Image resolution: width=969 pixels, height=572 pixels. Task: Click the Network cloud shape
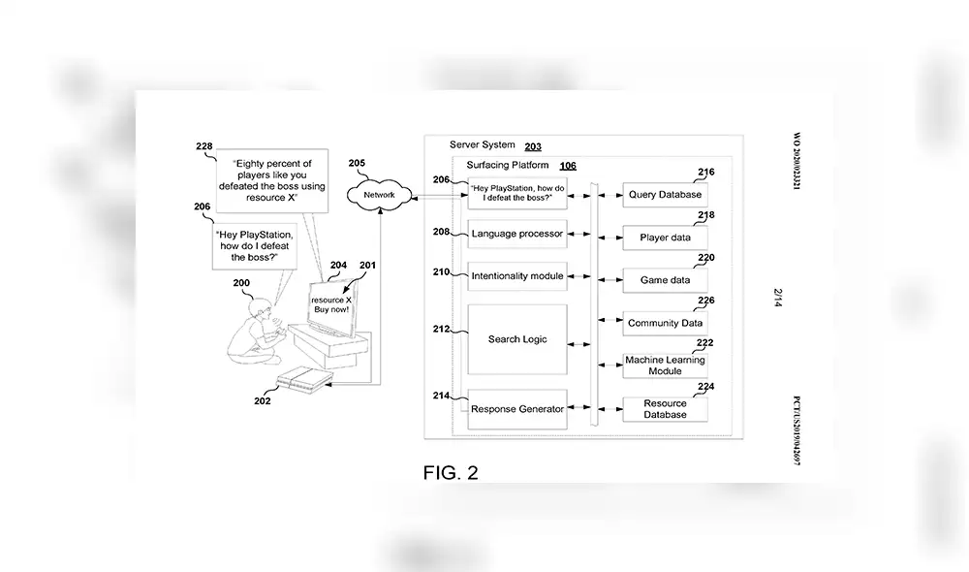coord(380,195)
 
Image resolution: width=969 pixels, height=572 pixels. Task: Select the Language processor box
coord(516,235)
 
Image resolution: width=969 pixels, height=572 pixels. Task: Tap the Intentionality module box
coord(516,276)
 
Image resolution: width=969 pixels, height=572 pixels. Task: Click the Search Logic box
coord(516,339)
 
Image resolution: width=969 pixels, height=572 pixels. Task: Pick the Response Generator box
coord(516,409)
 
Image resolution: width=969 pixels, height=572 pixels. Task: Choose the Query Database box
coord(665,195)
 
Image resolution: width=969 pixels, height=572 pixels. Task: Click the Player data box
coord(665,238)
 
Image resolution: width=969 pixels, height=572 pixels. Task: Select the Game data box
coord(665,280)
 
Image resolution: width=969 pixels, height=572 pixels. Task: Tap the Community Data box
coord(665,323)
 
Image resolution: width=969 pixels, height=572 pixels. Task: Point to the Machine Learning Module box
coord(665,365)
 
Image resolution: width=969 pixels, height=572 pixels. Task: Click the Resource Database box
coord(665,409)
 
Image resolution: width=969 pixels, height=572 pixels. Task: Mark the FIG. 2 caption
coord(451,473)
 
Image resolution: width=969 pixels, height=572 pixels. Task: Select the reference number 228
coord(203,147)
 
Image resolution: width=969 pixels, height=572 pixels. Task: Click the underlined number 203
coord(533,147)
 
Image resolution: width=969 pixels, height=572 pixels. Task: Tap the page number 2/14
coord(778,297)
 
